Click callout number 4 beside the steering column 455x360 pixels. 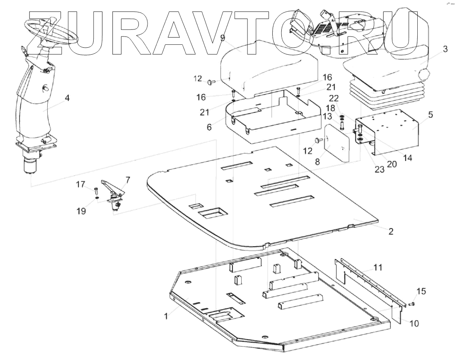[67, 98]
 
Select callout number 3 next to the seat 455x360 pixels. [445, 49]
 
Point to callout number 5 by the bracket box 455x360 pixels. [431, 115]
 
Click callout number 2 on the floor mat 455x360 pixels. [390, 231]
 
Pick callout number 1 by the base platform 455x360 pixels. [166, 316]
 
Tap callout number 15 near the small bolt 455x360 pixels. [421, 291]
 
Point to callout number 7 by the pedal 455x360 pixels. [127, 180]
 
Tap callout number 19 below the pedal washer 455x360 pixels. [82, 211]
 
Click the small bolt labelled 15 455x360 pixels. [411, 304]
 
